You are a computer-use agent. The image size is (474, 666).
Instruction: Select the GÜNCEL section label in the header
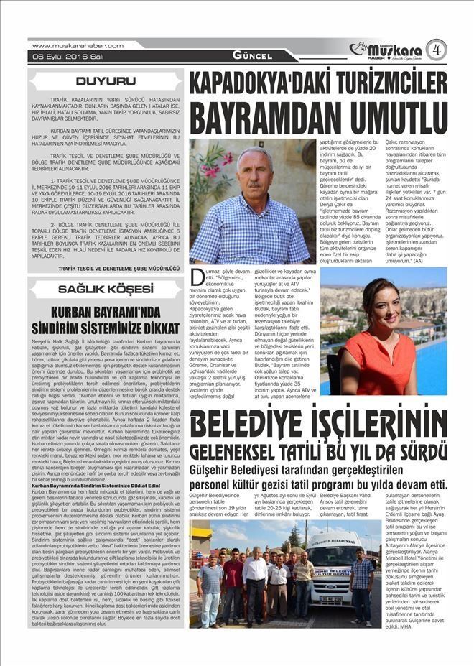pos(252,55)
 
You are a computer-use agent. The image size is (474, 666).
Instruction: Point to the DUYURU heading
pos(106,81)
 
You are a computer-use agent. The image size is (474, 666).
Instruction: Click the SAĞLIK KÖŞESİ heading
pos(106,289)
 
